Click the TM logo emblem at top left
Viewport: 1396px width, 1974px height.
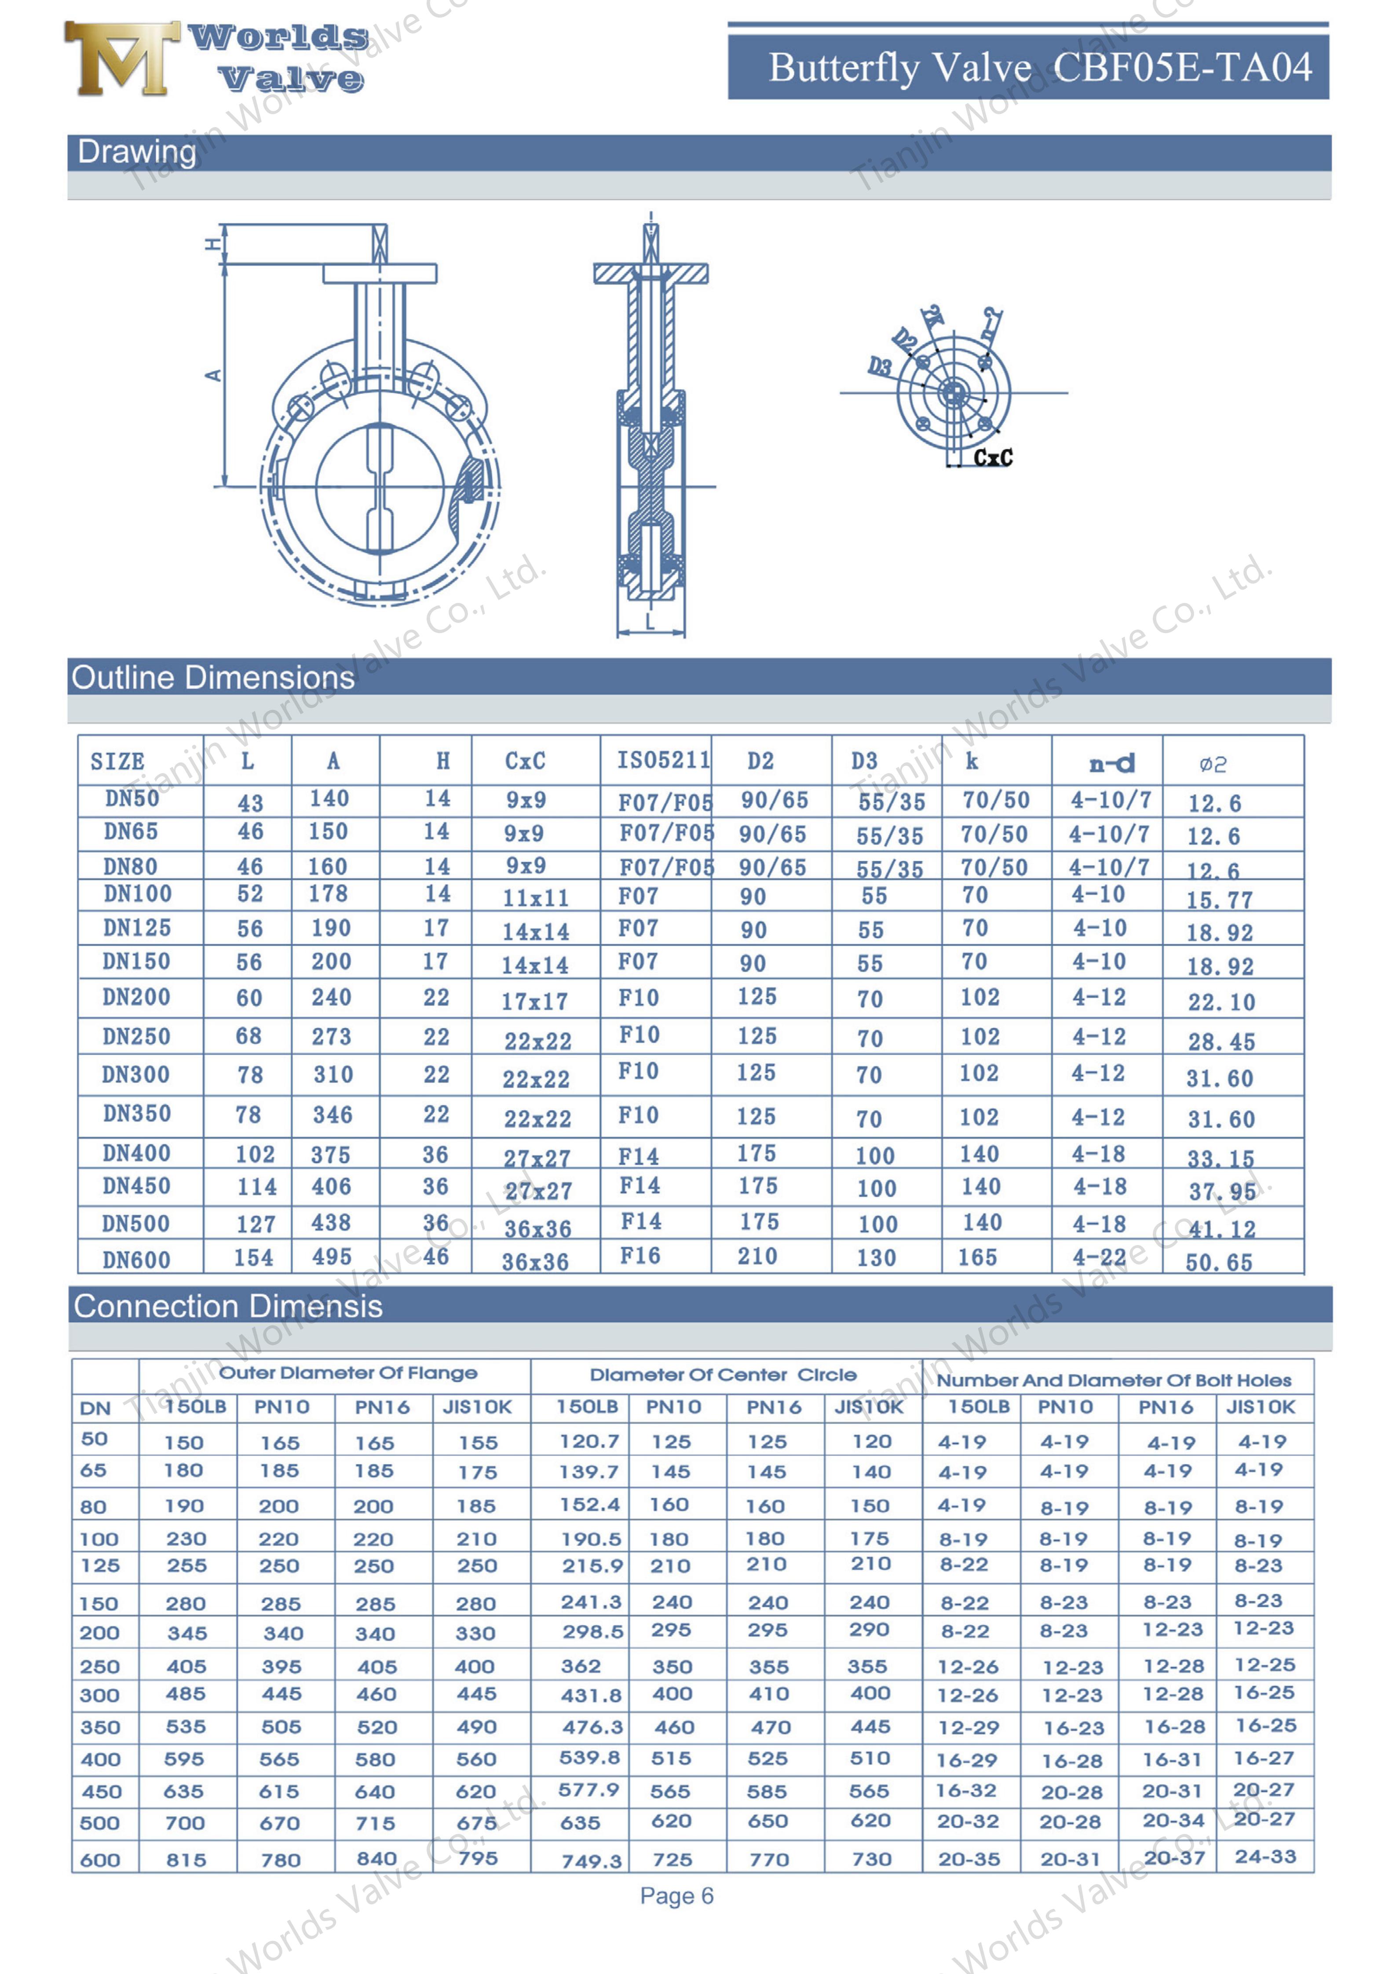pos(121,58)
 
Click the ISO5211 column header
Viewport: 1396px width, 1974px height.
pos(662,760)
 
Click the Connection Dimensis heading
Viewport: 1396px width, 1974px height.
pos(228,1307)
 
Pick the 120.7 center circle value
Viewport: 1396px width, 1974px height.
pos(589,1442)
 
